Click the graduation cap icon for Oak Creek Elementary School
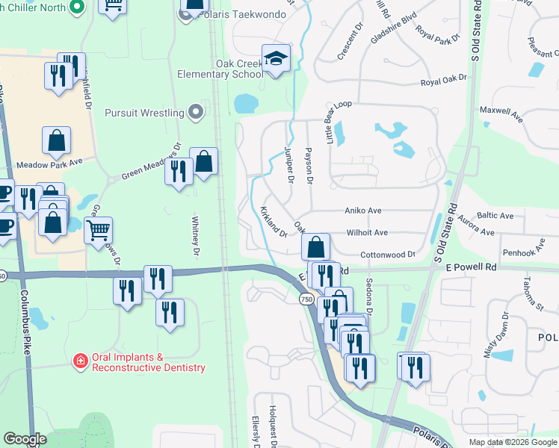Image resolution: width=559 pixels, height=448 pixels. (276, 58)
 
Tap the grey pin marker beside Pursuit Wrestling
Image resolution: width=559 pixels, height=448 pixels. (196, 113)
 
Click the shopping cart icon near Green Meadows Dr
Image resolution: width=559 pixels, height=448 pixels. (98, 230)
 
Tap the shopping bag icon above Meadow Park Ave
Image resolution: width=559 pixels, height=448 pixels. (56, 140)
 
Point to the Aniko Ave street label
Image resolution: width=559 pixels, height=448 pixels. (364, 211)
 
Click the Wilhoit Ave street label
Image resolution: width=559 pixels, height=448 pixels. (367, 233)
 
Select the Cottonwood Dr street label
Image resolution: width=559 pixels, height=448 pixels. (388, 255)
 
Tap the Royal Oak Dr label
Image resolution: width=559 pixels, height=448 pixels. (442, 78)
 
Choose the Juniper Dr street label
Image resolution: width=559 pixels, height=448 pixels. (289, 164)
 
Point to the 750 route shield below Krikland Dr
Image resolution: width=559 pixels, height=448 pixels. (306, 299)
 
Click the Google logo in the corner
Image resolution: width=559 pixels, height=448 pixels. (25, 439)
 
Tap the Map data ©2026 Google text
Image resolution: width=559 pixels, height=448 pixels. (512, 442)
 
